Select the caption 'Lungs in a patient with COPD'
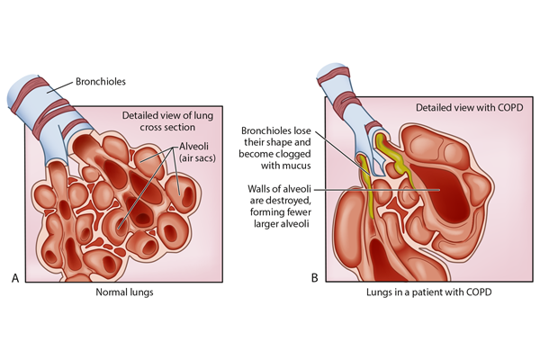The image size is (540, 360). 426,295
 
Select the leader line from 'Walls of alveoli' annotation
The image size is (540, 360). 378,190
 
